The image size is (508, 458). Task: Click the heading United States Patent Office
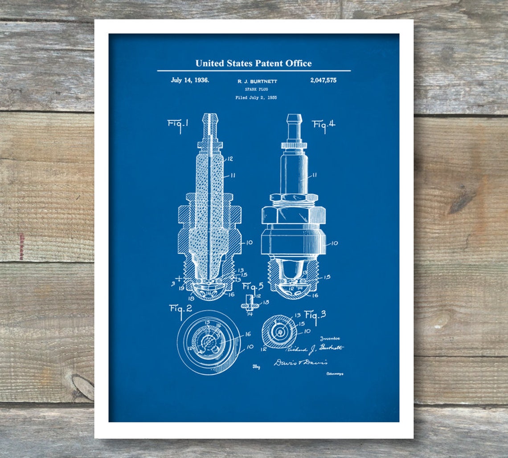tap(254, 63)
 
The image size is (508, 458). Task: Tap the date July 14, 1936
tap(190, 81)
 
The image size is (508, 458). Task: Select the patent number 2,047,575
tap(323, 81)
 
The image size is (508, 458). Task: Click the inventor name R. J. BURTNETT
tap(256, 81)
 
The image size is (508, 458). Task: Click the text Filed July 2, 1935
tap(256, 97)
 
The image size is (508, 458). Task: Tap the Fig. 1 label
tap(177, 124)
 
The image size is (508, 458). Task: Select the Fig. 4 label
tap(324, 125)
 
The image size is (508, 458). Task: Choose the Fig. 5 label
tap(253, 287)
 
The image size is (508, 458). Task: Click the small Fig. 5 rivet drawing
tap(250, 306)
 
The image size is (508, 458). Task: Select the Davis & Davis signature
tap(300, 362)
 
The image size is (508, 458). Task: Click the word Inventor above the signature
tap(330, 339)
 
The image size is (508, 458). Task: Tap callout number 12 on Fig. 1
tap(230, 159)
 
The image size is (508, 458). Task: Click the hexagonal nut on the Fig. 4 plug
tap(293, 215)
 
